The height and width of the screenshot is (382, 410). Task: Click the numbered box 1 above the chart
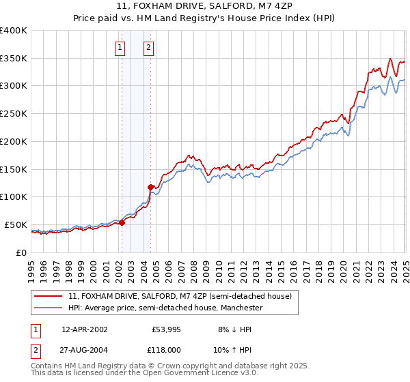coord(120,48)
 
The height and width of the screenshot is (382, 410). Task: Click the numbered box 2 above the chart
coord(148,48)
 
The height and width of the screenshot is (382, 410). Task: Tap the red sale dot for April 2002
coord(122,222)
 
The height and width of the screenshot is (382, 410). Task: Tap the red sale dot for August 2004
coord(151,186)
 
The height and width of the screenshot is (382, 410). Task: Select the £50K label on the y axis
coord(16,224)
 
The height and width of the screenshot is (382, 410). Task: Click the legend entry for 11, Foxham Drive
coord(180,296)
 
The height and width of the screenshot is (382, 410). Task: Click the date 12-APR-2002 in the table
coord(85,329)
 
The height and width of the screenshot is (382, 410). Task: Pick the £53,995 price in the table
coord(166,329)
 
